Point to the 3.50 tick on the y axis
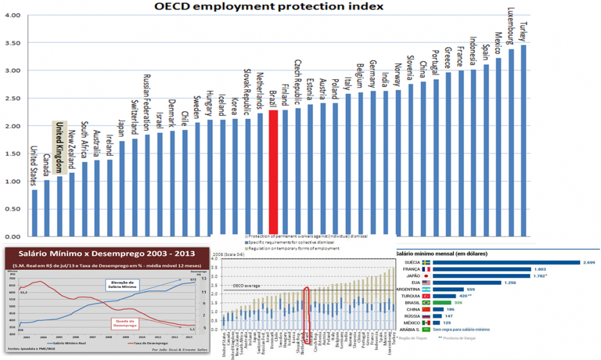(13, 43)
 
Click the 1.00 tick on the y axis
(13, 180)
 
